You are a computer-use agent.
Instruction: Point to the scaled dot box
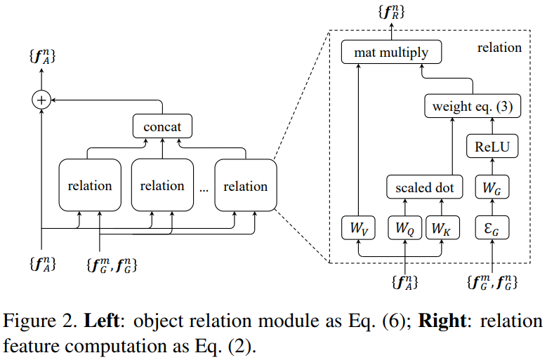(425, 187)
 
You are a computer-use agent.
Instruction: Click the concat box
(162, 128)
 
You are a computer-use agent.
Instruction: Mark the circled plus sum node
(42, 100)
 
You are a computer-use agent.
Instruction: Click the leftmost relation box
(89, 186)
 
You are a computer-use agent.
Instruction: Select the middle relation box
(162, 186)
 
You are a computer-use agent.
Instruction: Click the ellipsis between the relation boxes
(203, 189)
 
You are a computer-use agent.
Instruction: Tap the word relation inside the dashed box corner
(499, 48)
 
